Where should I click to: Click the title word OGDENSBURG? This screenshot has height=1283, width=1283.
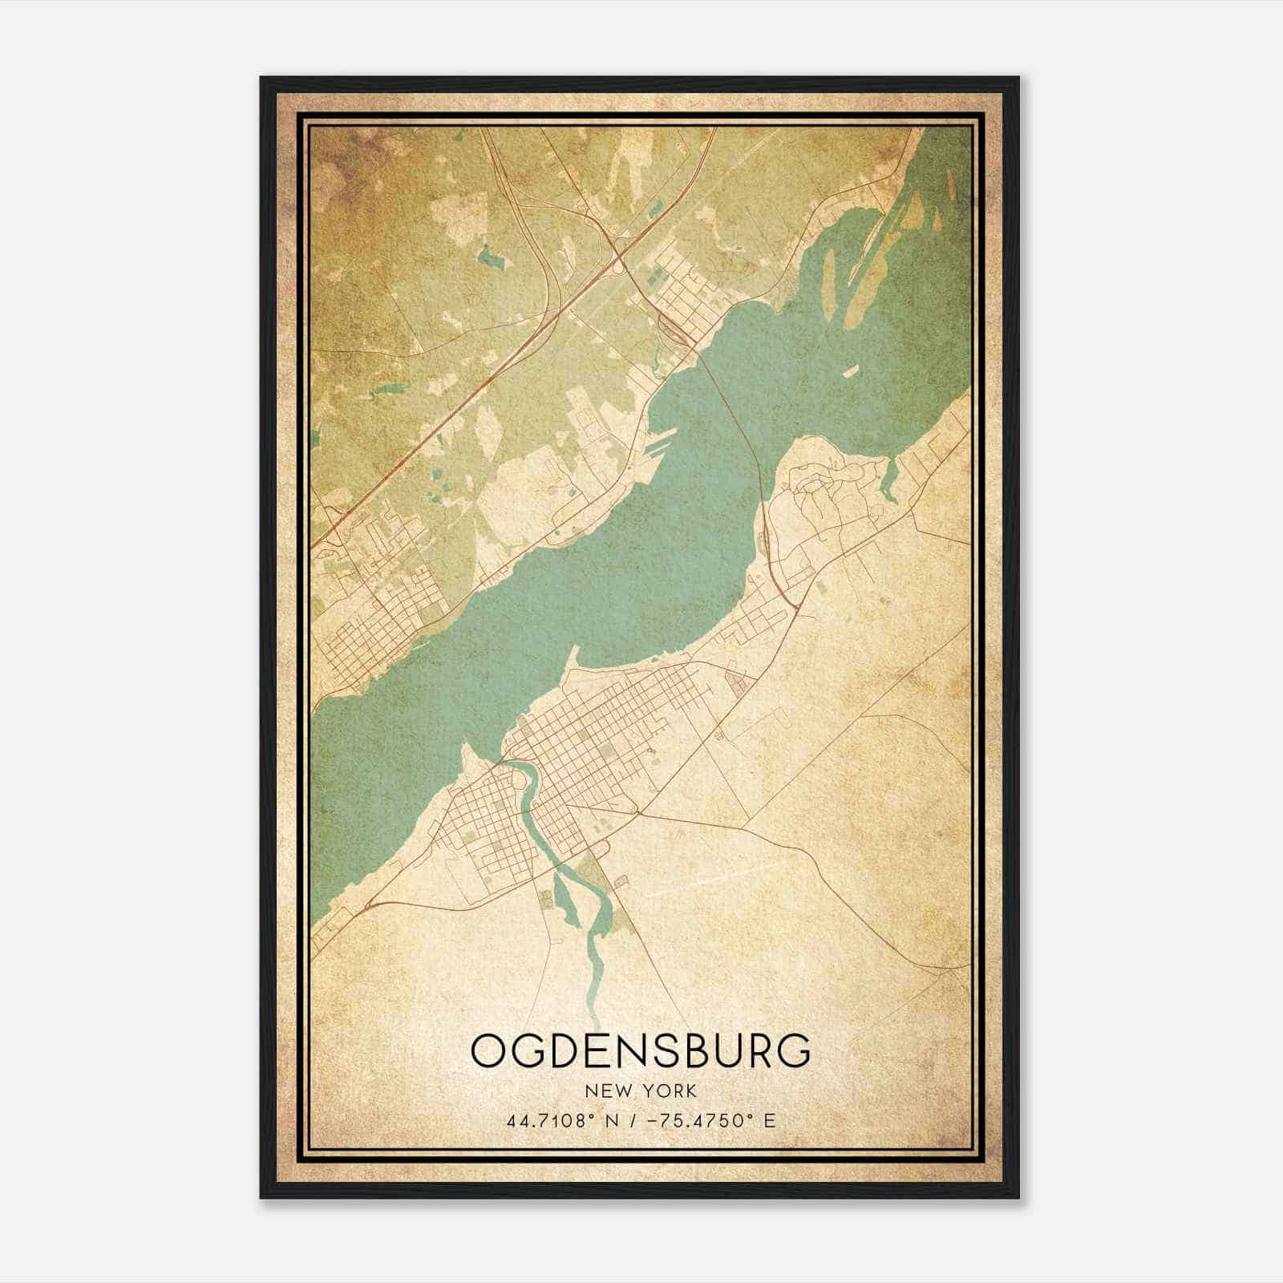pyautogui.click(x=641, y=1050)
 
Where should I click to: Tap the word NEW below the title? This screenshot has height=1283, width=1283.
pyautogui.click(x=607, y=1091)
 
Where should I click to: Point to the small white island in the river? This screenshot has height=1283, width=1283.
pyautogui.click(x=850, y=371)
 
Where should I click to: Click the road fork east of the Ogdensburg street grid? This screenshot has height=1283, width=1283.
pyautogui.click(x=638, y=814)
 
